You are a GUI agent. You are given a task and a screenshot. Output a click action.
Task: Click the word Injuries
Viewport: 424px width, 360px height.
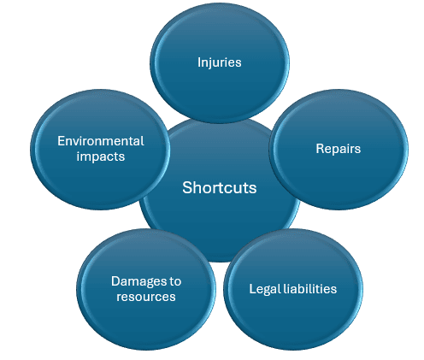(220, 62)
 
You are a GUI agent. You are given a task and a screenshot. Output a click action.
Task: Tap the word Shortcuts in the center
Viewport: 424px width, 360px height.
(220, 187)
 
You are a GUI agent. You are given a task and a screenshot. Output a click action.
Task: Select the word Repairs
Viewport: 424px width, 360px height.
(339, 149)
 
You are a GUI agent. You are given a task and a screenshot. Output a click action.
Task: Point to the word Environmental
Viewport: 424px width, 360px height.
(101, 141)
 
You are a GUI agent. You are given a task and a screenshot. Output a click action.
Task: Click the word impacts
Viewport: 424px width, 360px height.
(101, 156)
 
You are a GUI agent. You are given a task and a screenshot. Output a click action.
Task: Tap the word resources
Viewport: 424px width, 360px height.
(146, 297)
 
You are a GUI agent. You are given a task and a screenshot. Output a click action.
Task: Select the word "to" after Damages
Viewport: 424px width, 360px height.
(175, 281)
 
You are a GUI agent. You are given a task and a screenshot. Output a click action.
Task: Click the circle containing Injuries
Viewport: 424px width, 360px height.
(220, 63)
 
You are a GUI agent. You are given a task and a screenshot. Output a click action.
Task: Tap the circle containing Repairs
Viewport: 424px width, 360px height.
(339, 150)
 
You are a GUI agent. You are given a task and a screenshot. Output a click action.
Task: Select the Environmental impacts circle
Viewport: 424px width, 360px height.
(100, 150)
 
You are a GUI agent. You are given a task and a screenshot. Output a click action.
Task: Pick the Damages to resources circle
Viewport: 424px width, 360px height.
(146, 289)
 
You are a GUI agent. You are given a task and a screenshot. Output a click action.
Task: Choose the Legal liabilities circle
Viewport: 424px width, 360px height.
(293, 289)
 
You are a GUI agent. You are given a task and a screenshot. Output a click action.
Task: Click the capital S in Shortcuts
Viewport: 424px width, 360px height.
(187, 188)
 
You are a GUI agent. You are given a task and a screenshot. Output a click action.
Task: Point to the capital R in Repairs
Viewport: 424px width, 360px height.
(320, 149)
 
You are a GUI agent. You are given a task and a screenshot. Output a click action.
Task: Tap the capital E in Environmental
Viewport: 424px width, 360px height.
(61, 141)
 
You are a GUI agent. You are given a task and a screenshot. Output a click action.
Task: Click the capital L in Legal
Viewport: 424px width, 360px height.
(252, 289)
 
